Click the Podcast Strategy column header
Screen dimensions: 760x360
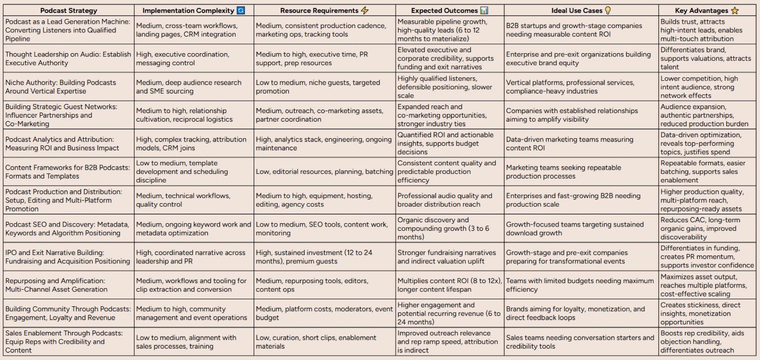[x=68, y=10]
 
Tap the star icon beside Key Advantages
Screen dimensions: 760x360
[x=735, y=10]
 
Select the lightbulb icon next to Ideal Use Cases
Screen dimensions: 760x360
[x=608, y=10]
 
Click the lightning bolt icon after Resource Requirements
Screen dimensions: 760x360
[x=365, y=10]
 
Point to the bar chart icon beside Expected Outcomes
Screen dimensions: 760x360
[x=484, y=10]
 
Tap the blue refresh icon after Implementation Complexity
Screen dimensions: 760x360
[x=241, y=10]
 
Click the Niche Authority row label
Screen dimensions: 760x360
[x=61, y=87]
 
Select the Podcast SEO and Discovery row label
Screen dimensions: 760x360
[x=67, y=229]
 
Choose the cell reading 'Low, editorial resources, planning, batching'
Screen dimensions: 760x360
[x=324, y=171]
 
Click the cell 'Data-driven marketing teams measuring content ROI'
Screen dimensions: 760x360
[x=570, y=143]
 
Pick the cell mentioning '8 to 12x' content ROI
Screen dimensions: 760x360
[x=449, y=285]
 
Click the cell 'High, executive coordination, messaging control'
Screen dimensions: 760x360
[x=182, y=58]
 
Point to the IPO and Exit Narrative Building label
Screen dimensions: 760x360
[x=67, y=257]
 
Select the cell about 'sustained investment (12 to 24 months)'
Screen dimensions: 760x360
[x=314, y=257]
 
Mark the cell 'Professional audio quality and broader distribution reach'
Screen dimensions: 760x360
[x=445, y=200]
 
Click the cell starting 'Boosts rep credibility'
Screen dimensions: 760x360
[x=703, y=341]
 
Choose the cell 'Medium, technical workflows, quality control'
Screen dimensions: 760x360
[x=183, y=200]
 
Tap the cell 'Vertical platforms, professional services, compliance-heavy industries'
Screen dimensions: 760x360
[x=570, y=87]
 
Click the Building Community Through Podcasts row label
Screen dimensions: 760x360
[x=68, y=313]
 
